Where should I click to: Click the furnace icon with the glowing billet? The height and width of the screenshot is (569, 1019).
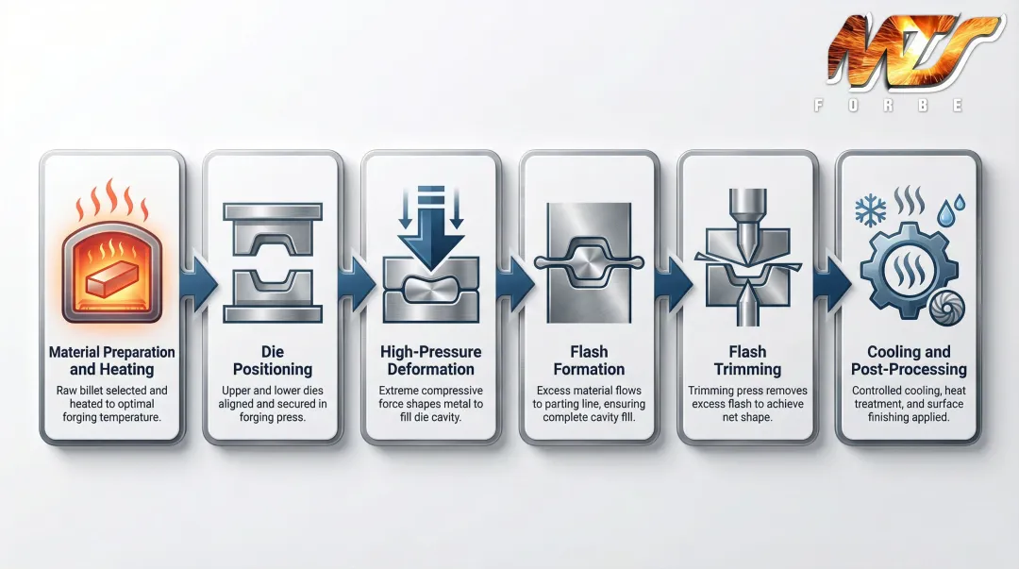coord(110,261)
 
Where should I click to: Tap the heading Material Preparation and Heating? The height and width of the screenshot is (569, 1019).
coord(111,360)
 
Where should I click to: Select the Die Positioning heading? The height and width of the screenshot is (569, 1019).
coord(272,360)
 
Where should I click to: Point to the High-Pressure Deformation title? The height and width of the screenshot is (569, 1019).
coord(430,360)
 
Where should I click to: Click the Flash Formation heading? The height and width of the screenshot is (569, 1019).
coord(589,360)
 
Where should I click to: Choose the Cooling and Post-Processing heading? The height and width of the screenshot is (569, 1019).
coord(909,360)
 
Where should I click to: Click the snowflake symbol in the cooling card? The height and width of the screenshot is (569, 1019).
coord(870,210)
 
